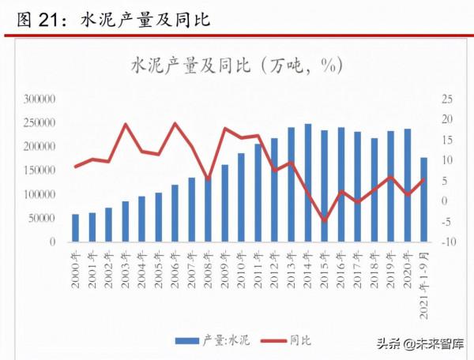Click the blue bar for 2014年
click(307, 182)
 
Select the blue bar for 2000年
click(75, 227)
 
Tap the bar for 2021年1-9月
click(423, 200)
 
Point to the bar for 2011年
click(258, 193)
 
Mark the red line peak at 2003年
click(125, 125)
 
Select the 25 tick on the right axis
click(447, 99)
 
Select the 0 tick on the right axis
click(444, 201)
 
